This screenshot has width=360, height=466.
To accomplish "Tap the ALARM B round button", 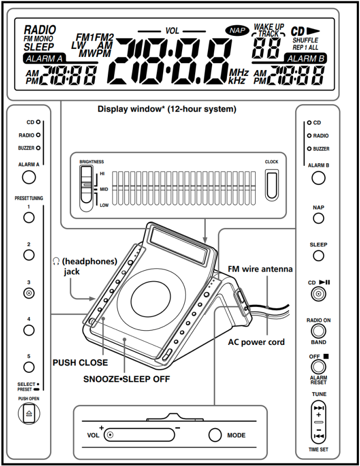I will [x=318, y=177].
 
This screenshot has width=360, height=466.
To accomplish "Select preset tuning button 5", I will [x=29, y=368].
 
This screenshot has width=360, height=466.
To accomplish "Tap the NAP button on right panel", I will [x=318, y=218].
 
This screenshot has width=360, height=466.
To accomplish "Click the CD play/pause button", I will [x=318, y=294].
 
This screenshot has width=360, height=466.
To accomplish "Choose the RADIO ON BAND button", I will [x=318, y=331].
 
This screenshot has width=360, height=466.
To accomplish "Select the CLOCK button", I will [x=272, y=185].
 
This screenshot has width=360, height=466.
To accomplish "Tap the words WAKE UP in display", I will [x=268, y=26].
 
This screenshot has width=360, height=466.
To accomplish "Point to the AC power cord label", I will [x=256, y=342].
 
